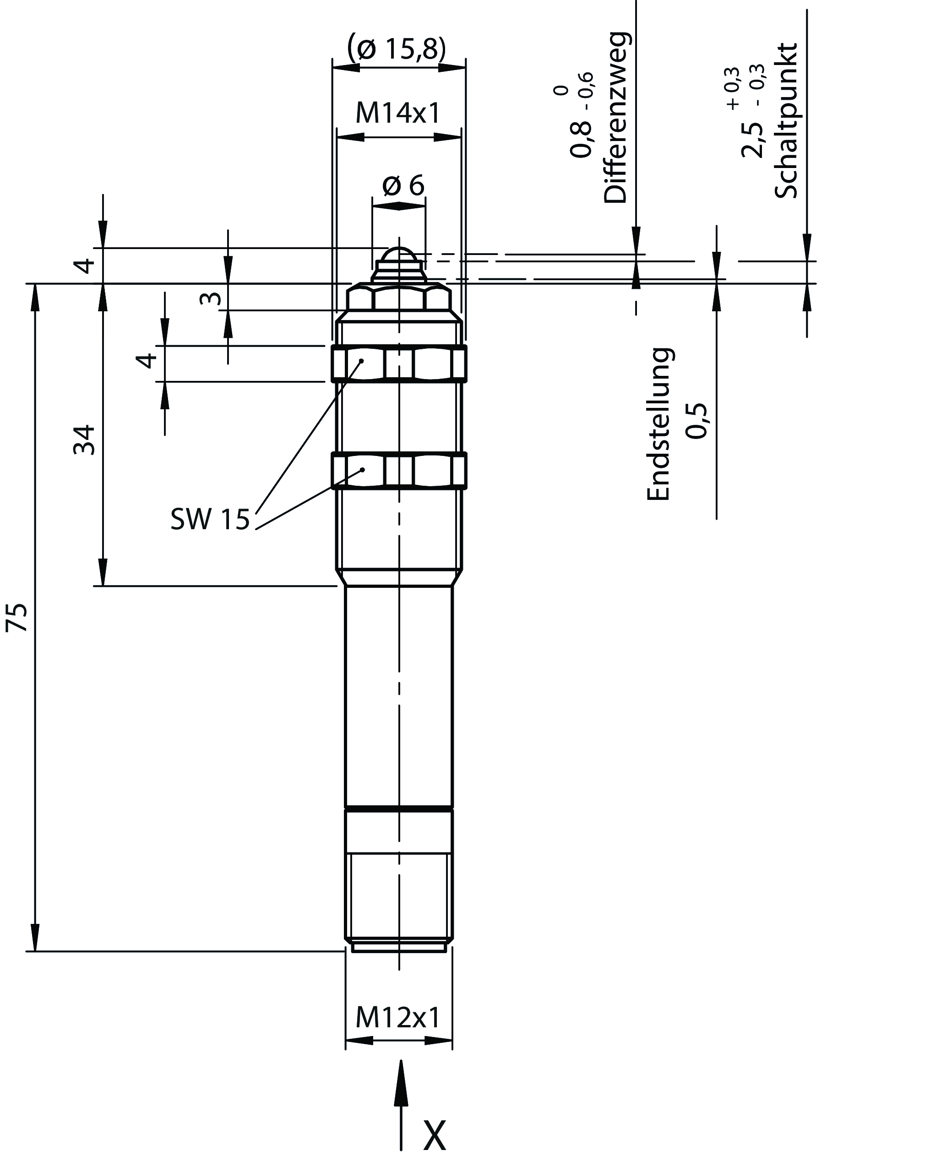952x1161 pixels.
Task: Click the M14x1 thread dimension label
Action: (398, 114)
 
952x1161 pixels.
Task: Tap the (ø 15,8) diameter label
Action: (397, 49)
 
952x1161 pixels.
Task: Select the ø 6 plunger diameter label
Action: (403, 185)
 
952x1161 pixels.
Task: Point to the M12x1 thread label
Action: (398, 1018)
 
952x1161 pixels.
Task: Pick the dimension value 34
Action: (84, 439)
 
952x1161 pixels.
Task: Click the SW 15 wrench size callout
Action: (210, 519)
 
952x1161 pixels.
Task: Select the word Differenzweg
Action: (616, 117)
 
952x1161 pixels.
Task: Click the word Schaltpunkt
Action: (786, 120)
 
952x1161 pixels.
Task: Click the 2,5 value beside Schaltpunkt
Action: (752, 140)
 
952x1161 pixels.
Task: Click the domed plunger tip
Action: (399, 258)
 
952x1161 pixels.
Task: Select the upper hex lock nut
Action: (399, 363)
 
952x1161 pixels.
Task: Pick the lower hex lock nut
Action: (399, 470)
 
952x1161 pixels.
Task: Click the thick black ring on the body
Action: (399, 808)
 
